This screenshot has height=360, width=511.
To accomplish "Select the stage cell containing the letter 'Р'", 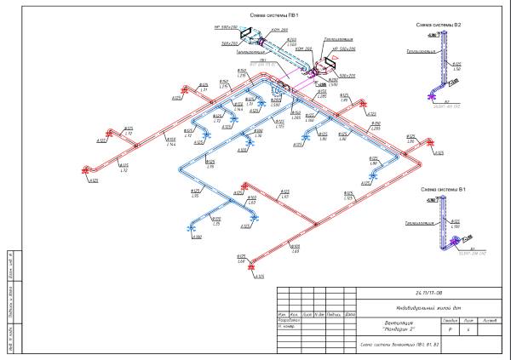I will click(x=451, y=329).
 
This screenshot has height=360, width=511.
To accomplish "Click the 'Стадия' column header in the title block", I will click(x=451, y=320).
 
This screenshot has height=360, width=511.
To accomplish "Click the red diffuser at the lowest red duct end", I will click(x=251, y=269).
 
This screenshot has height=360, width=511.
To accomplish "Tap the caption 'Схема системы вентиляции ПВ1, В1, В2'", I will click(x=393, y=344).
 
